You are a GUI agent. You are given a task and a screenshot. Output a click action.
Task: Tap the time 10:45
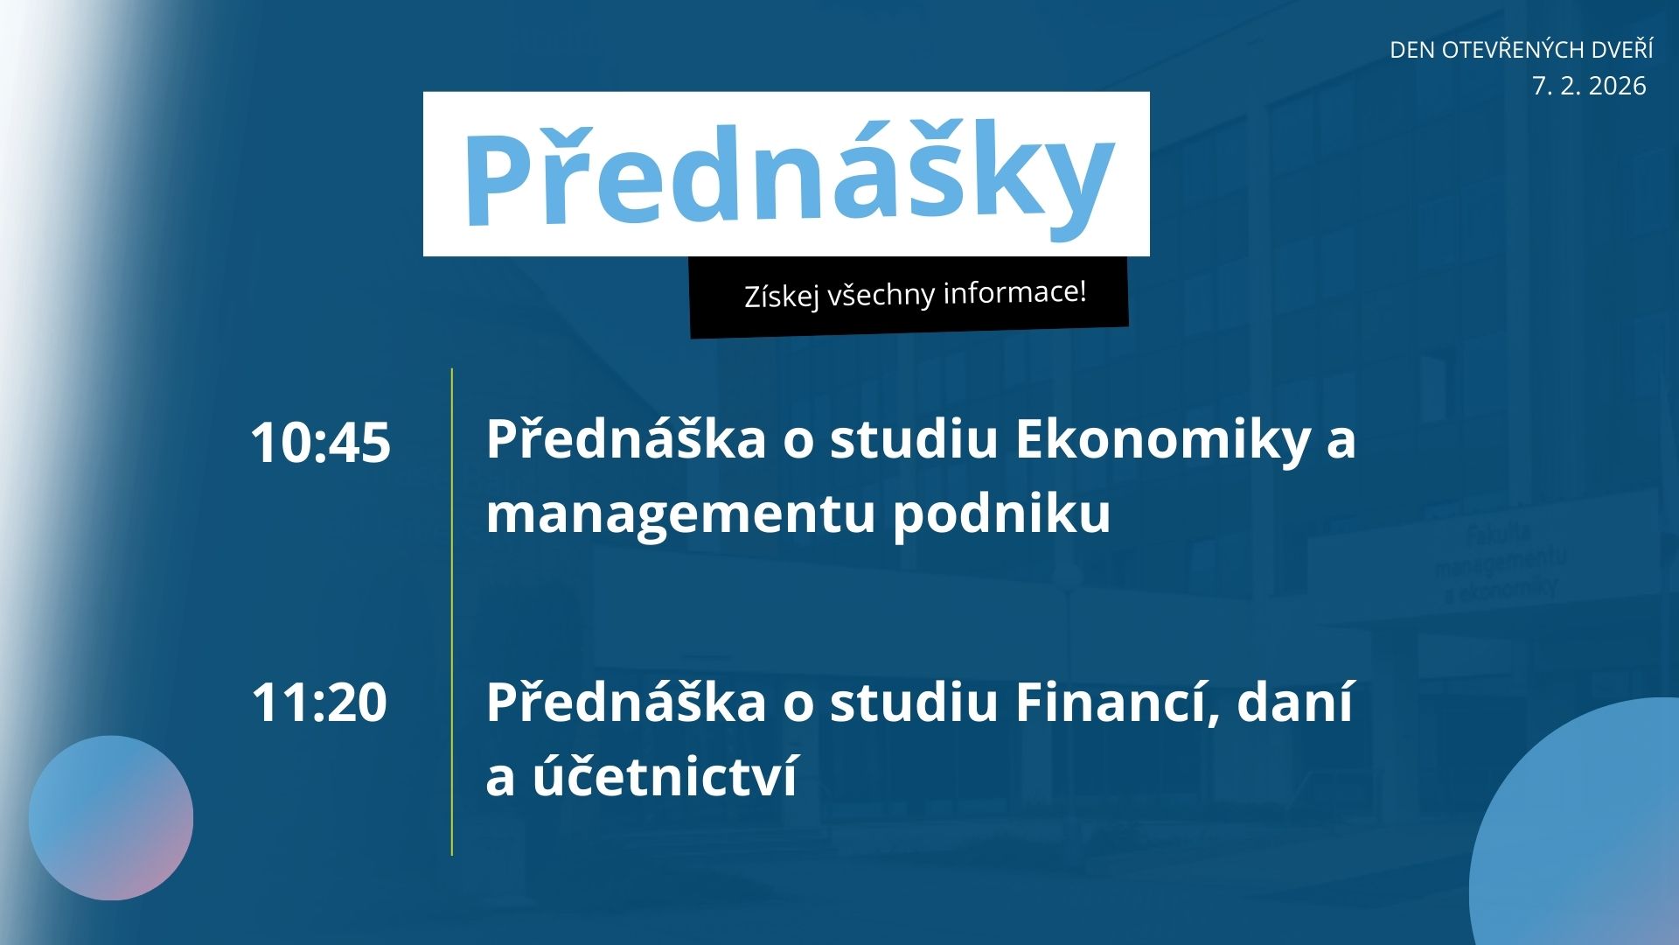point(320,443)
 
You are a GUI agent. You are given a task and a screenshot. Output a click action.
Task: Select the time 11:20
point(319,702)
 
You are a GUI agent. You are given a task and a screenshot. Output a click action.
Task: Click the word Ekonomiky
point(1162,438)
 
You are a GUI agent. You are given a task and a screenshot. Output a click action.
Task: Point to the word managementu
point(679,514)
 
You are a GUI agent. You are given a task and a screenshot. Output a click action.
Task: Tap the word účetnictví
point(665,776)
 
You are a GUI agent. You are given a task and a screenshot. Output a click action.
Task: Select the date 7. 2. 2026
point(1589,86)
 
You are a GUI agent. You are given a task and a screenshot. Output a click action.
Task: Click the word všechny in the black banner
point(881,295)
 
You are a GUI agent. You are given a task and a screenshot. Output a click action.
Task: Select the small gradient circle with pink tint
point(111,818)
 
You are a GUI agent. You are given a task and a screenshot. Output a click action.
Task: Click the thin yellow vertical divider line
point(452,612)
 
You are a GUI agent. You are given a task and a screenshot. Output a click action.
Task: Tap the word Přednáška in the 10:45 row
point(626,438)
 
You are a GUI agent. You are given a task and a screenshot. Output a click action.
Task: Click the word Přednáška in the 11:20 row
point(626,702)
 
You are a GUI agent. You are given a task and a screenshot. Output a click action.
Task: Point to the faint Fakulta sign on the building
point(1499,533)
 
